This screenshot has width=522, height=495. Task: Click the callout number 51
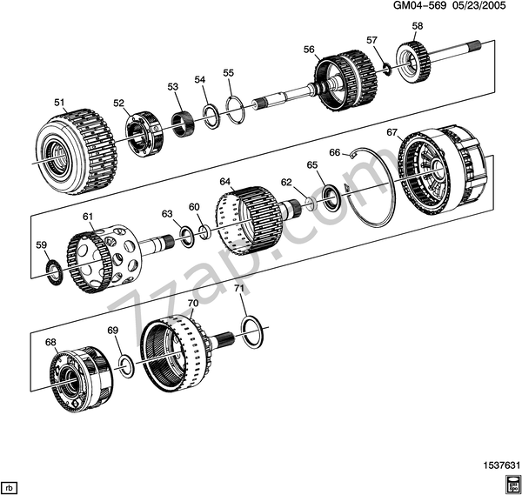[x=59, y=103]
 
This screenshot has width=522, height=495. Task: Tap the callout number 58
[x=418, y=26]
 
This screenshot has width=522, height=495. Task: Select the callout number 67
[x=391, y=132]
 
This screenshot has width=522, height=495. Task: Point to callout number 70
[x=193, y=304]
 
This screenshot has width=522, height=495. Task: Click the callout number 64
[x=225, y=182]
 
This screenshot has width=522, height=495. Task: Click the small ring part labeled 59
[x=53, y=271]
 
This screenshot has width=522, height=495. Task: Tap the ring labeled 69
[x=124, y=364]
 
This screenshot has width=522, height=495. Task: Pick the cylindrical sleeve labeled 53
[x=183, y=124]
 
